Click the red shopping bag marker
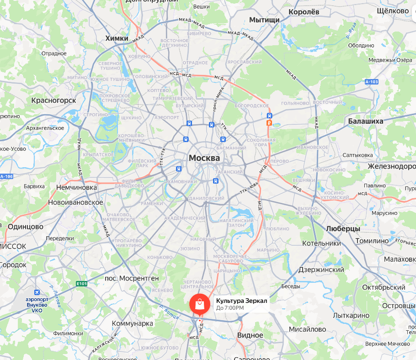(x=199, y=303)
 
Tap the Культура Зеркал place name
(x=241, y=300)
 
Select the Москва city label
(x=204, y=158)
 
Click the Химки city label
(x=117, y=38)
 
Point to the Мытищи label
(x=264, y=20)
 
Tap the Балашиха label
(x=365, y=121)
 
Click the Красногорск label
(x=54, y=100)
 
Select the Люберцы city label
(x=343, y=228)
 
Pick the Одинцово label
(x=26, y=227)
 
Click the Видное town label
(x=250, y=335)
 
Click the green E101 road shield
(x=82, y=284)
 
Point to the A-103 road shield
(x=372, y=82)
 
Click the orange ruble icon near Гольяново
(x=270, y=122)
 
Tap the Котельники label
(x=322, y=243)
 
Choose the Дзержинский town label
(x=321, y=270)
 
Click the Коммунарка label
(x=133, y=323)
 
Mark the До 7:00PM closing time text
(x=230, y=308)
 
